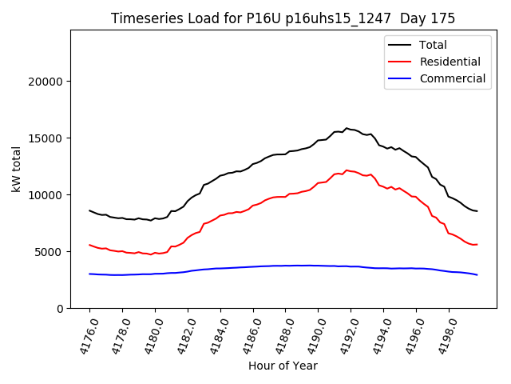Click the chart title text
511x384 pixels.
[283, 18]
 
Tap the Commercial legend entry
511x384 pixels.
[452, 78]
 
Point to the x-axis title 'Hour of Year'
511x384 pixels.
[283, 366]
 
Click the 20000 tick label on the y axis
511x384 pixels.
[45, 82]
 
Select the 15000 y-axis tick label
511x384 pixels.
[45, 138]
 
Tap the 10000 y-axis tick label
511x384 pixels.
[45, 195]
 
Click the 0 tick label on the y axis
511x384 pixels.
[59, 309]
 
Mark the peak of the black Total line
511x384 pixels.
[347, 128]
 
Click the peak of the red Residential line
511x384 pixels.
[347, 170]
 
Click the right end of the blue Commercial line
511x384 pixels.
[477, 274]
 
